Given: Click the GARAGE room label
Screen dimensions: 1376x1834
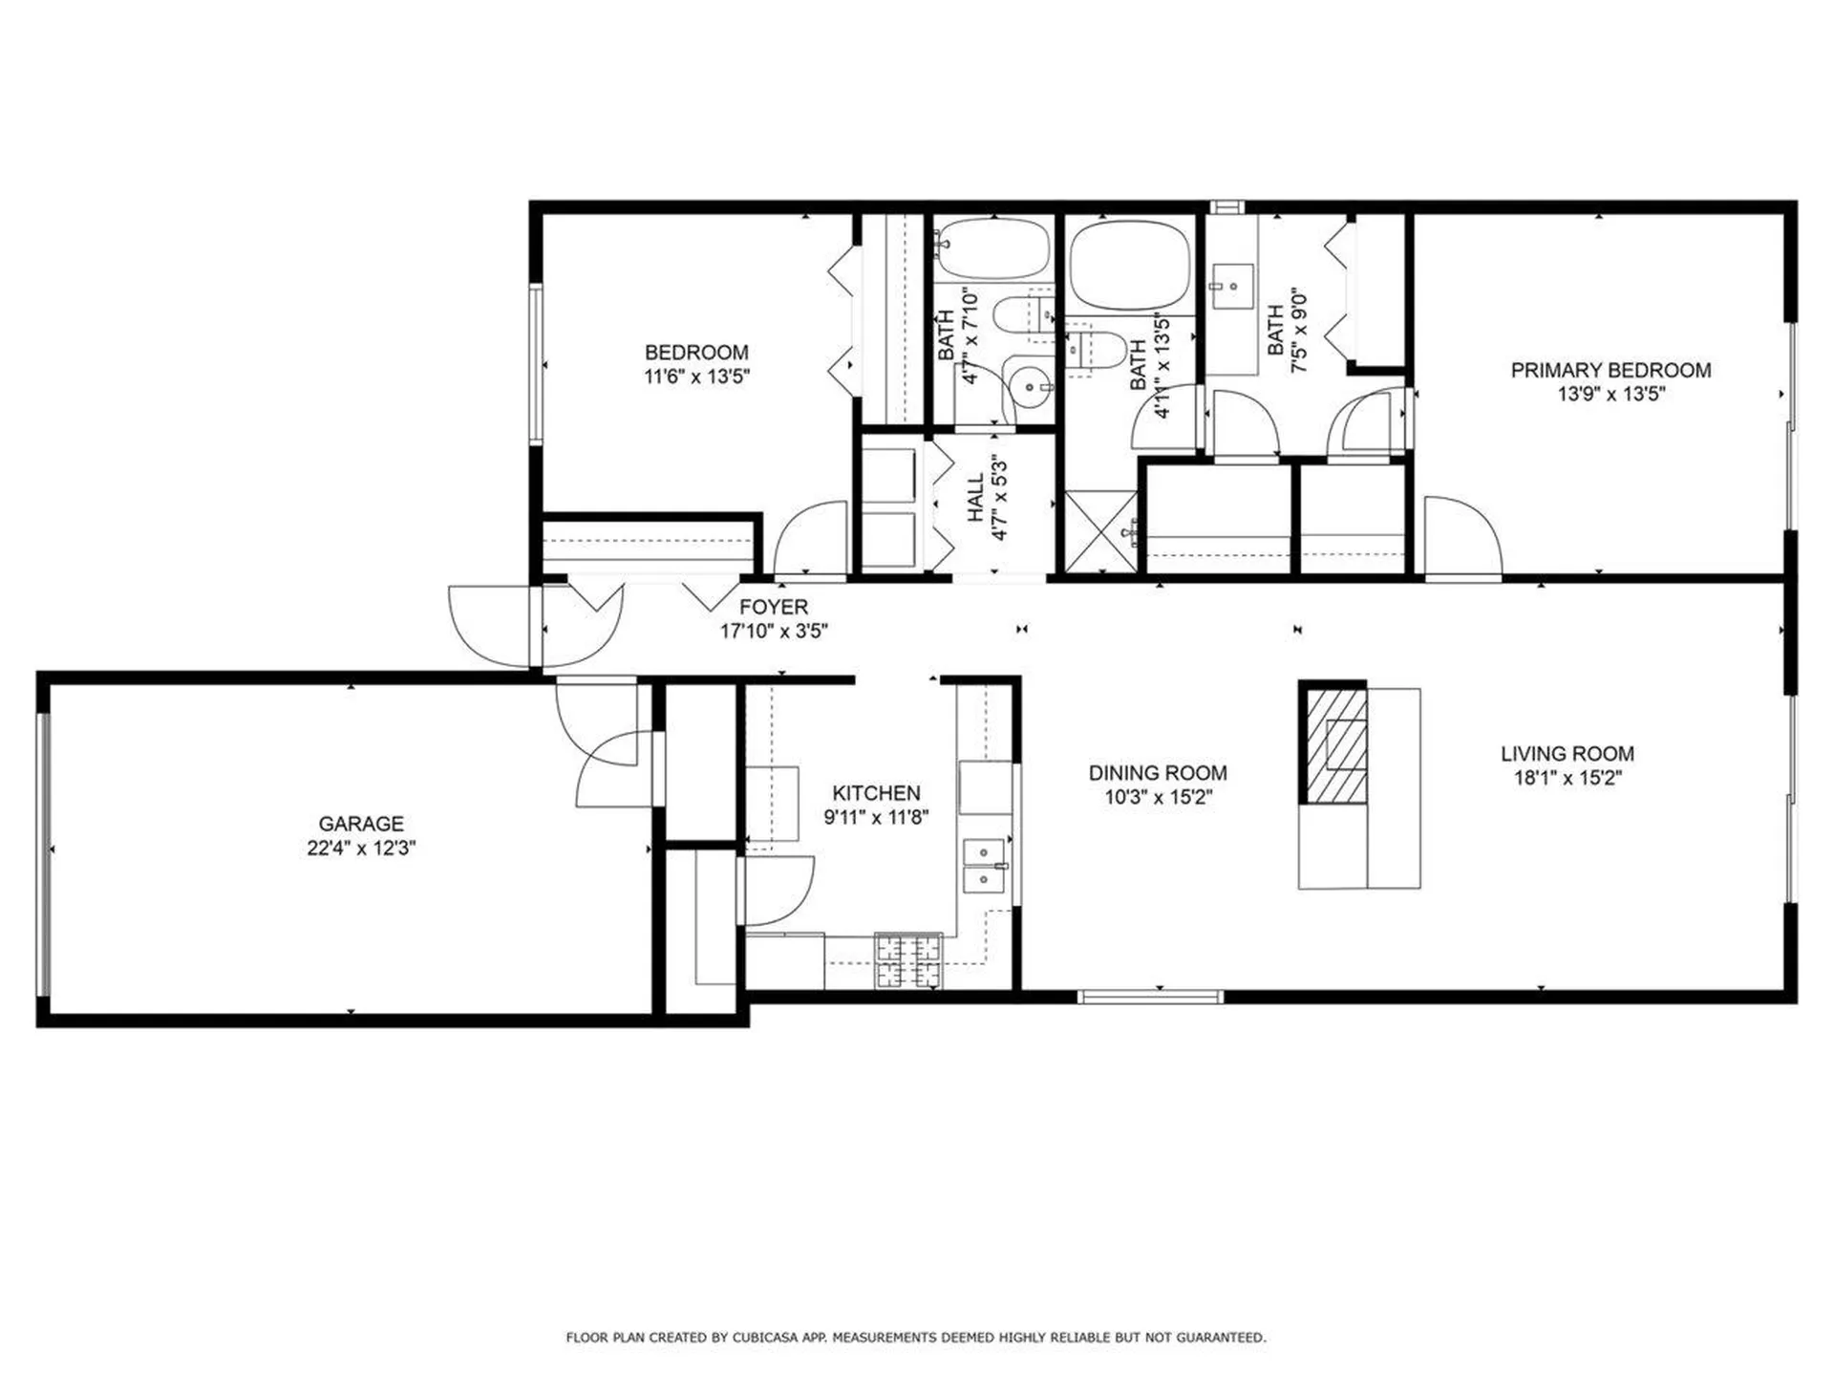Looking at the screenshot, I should pos(360,823).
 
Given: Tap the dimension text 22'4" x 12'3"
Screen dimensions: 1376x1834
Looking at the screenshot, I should pos(360,848).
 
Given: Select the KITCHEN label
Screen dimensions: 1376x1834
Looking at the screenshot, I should pos(876,793).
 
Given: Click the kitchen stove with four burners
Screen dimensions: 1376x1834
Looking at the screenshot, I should pos(908,960).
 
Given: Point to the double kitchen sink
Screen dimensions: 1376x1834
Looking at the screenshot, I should pos(984,866).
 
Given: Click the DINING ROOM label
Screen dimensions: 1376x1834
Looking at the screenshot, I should pos(1158,772).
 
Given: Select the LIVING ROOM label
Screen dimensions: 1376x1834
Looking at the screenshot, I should pos(1567,753).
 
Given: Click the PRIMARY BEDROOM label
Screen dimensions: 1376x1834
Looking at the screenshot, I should pos(1610,370).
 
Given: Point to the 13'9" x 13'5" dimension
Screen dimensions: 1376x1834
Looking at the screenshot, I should pos(1610,394).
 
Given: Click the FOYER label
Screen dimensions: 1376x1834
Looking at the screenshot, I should pos(774,607).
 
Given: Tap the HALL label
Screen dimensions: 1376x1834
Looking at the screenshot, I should pos(976,497).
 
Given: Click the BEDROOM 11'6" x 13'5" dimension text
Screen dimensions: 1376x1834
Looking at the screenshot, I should pos(696,376).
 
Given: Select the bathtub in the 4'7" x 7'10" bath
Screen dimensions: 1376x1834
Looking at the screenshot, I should pos(992,248).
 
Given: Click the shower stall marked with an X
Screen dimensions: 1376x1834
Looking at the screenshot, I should pos(1100,532).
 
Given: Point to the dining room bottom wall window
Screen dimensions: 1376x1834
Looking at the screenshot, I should pos(1150,997).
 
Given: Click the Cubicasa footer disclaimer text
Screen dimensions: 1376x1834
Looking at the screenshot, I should pos(916,1338).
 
